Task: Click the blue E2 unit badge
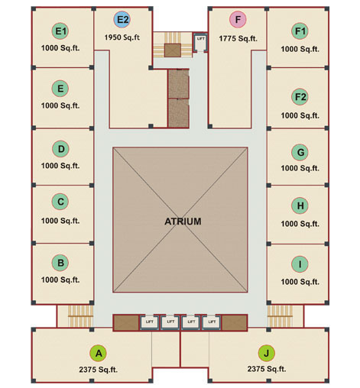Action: [x=122, y=19]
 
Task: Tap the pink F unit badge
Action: [x=238, y=19]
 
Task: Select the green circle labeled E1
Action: [x=60, y=31]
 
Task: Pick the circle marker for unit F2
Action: [x=300, y=97]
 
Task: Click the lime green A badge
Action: [x=99, y=353]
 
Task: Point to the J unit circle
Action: [x=267, y=353]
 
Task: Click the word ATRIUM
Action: [x=183, y=221]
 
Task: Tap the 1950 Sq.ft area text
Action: [x=122, y=37]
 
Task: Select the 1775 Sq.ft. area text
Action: [x=238, y=38]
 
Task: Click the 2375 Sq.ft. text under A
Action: [x=99, y=370]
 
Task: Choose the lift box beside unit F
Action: [x=200, y=42]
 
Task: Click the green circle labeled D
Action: [x=60, y=149]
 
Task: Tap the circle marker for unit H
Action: [x=300, y=205]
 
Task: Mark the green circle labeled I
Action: [x=300, y=264]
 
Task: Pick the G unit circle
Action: [x=300, y=152]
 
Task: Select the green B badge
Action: [x=60, y=263]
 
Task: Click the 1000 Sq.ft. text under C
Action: [x=60, y=221]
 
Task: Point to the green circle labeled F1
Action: [x=300, y=31]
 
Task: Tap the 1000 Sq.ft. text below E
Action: [x=60, y=105]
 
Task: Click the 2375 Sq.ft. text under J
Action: [x=267, y=369]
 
